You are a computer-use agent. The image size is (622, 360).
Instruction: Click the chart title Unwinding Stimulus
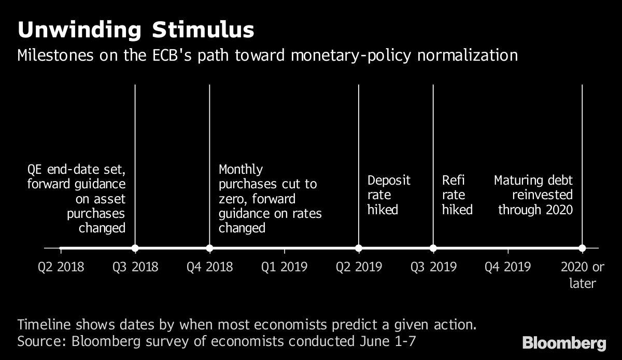pyautogui.click(x=136, y=30)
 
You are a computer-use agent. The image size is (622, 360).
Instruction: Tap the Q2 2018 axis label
pyautogui.click(x=61, y=267)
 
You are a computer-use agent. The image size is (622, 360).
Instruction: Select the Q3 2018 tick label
pyautogui.click(x=135, y=267)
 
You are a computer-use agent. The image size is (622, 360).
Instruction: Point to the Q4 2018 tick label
pyautogui.click(x=210, y=267)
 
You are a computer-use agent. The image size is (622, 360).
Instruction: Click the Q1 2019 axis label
pyautogui.click(x=285, y=267)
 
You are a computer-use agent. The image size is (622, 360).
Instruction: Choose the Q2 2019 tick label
pyautogui.click(x=359, y=267)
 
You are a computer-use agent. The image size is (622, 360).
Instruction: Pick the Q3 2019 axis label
pyautogui.click(x=433, y=267)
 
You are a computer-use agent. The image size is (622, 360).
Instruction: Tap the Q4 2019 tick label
pyautogui.click(x=508, y=267)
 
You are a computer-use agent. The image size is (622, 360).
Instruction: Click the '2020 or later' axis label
pyautogui.click(x=583, y=275)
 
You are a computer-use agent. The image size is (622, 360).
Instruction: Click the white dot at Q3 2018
pyautogui.click(x=135, y=248)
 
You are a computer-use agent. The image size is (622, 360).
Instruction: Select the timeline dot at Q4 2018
pyautogui.click(x=210, y=248)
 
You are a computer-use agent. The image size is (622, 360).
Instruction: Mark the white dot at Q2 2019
pyautogui.click(x=359, y=248)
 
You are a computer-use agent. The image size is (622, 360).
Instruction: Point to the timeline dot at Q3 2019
pyautogui.click(x=433, y=248)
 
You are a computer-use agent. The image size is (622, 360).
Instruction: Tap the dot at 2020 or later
pyautogui.click(x=582, y=248)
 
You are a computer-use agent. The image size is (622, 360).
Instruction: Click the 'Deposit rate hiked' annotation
pyautogui.click(x=388, y=195)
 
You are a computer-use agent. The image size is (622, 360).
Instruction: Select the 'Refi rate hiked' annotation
pyautogui.click(x=457, y=195)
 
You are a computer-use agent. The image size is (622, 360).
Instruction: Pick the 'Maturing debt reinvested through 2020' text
pyautogui.click(x=534, y=195)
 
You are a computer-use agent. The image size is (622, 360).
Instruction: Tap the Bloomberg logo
pyautogui.click(x=564, y=343)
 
